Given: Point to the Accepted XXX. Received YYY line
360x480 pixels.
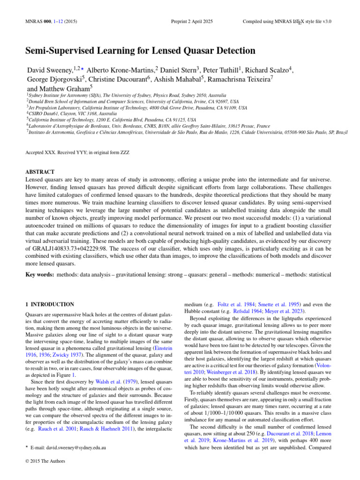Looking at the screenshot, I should [x=77, y=152].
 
